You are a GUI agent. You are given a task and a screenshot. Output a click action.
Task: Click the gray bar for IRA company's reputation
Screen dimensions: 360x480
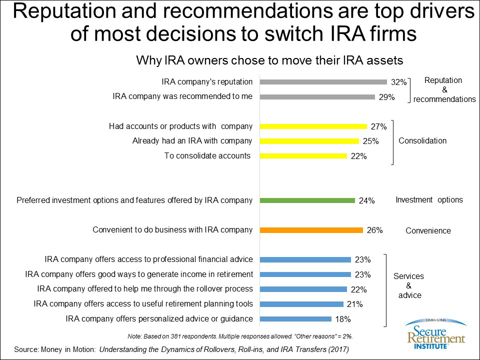tap(323, 82)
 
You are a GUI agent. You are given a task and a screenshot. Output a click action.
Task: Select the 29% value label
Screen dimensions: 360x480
tap(386, 97)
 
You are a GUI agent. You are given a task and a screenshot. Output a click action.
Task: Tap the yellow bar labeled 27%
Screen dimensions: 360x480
tap(313, 126)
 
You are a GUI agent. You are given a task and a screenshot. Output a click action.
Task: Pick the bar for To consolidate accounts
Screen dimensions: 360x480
tap(303, 156)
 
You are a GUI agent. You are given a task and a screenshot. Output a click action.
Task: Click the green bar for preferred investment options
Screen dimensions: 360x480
tap(307, 200)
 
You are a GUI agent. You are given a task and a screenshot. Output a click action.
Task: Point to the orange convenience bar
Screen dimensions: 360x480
tap(311, 230)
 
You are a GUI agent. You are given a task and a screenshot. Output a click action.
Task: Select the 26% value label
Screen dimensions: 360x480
tap(374, 230)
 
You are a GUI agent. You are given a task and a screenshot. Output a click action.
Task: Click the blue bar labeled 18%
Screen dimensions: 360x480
tap(295, 318)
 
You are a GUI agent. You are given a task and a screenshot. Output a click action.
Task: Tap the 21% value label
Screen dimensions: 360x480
tap(355, 304)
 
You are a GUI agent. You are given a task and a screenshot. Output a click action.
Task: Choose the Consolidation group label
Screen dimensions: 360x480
tap(422, 141)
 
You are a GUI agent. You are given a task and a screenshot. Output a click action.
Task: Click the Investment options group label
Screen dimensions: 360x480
tap(429, 200)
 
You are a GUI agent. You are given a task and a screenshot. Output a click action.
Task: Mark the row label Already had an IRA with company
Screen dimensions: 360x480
tap(192, 141)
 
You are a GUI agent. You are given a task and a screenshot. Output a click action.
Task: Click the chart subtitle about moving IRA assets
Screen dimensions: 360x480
tap(269, 61)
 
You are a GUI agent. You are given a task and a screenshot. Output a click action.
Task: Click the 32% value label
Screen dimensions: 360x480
tap(398, 82)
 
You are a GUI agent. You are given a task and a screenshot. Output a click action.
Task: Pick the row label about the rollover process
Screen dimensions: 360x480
tap(145, 289)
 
